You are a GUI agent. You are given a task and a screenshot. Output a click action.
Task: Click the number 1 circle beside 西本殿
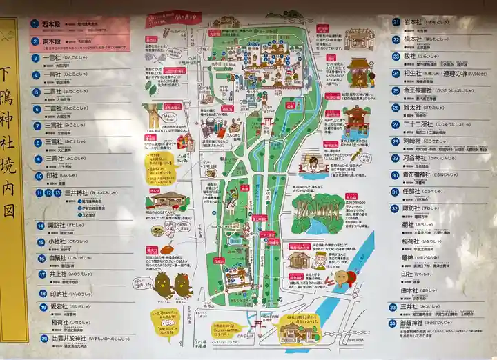(35, 23)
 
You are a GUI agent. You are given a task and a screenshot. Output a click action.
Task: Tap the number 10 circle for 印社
(39, 175)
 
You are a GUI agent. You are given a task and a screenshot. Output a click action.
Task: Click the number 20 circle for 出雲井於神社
(44, 339)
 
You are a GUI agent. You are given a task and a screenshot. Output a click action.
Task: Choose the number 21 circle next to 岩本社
(396, 21)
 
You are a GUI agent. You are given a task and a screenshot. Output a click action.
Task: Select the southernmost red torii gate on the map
(257, 321)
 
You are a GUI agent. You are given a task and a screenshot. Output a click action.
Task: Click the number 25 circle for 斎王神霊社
(396, 90)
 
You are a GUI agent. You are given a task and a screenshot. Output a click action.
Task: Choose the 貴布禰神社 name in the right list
(426, 175)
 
